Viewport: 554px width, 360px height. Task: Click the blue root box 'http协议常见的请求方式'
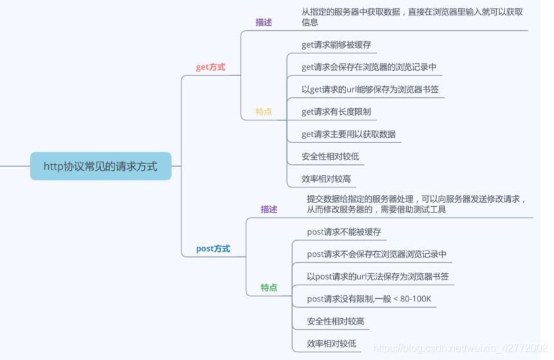coord(100,166)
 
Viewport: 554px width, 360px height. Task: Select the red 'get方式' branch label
coord(210,67)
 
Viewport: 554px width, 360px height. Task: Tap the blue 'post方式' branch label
coord(213,249)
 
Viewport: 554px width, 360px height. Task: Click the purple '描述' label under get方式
coord(264,22)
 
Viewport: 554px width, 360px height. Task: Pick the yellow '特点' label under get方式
coord(264,111)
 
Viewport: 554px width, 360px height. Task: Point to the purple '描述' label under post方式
coord(269,209)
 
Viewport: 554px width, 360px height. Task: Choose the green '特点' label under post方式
coord(269,287)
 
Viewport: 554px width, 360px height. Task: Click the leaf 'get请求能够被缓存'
coord(336,45)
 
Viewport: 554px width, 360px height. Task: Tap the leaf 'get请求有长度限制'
coord(336,111)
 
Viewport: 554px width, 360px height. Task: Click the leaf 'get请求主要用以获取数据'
coord(348,134)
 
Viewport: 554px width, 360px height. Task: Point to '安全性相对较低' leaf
coord(330,156)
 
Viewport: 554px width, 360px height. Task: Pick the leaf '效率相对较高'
coord(326,178)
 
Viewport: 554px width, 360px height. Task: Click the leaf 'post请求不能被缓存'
coord(344,232)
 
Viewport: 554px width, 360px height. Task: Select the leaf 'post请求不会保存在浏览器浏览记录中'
coord(376,254)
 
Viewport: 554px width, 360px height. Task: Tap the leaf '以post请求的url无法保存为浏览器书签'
coord(378,276)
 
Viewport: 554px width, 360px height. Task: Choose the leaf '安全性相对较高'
coord(335,321)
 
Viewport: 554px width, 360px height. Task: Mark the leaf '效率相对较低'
coord(331,343)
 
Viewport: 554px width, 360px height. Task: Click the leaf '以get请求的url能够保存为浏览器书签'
coord(370,90)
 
